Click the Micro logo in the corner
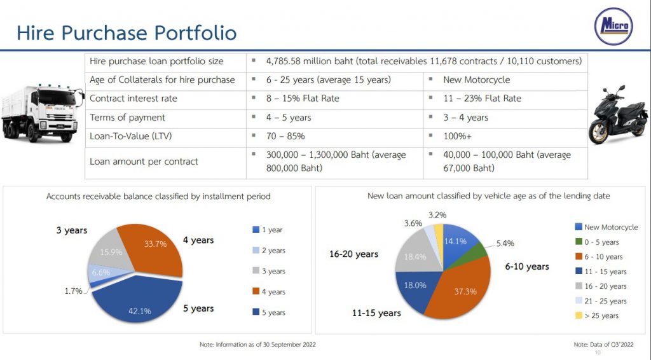613,26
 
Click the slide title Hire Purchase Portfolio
127,33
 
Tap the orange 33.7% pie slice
153,251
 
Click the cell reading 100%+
458,136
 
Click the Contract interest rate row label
134,99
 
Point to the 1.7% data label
73,291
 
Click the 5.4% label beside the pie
505,243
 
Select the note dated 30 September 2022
257,344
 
